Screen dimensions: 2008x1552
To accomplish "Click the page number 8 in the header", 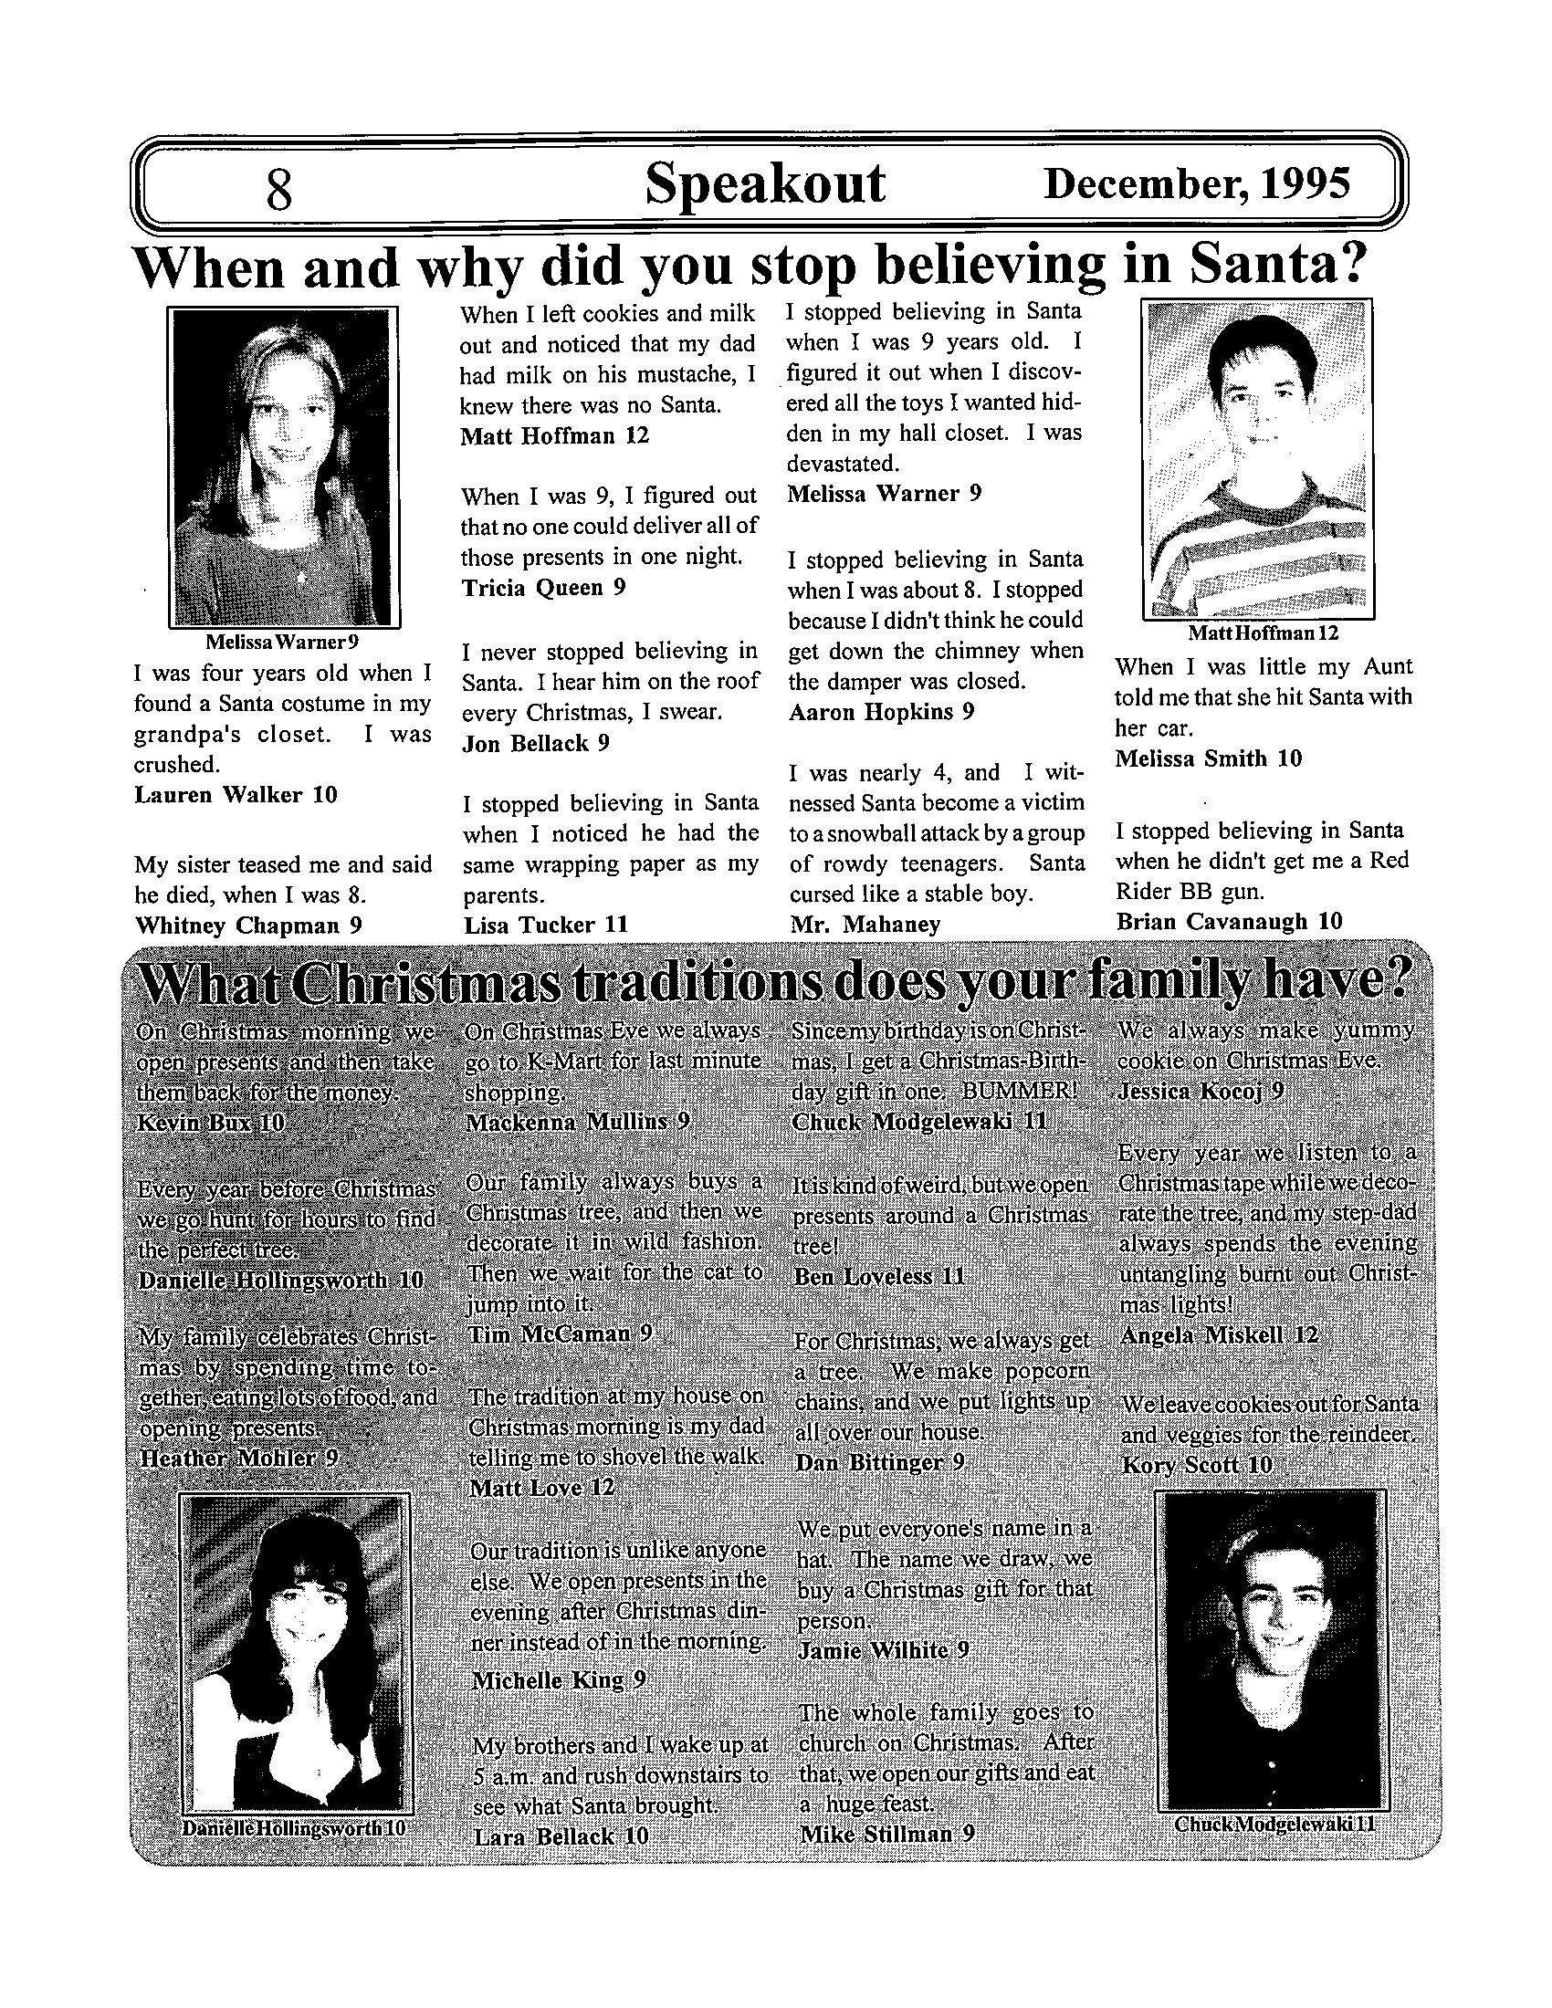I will point(278,190).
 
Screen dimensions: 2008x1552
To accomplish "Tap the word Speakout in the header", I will point(764,182).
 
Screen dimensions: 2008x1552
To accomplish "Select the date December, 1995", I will point(1197,183).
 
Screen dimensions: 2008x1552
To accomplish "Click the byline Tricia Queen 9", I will point(542,588).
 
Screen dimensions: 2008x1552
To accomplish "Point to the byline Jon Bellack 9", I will point(535,743).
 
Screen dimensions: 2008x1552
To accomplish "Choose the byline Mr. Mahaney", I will point(865,924).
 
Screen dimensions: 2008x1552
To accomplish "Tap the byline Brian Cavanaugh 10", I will point(1228,921).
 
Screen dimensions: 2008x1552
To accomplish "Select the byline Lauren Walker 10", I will point(236,794).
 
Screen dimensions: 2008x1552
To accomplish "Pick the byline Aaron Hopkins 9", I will point(881,712).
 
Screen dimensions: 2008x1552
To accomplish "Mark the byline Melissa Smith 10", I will point(1208,758).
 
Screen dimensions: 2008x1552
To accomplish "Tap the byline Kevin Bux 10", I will point(210,1123).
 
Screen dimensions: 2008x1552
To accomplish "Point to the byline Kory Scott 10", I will point(1197,1464).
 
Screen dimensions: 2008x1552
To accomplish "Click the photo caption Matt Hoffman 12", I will point(1263,633).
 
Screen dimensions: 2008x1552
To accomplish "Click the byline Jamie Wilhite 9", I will point(883,1650).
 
